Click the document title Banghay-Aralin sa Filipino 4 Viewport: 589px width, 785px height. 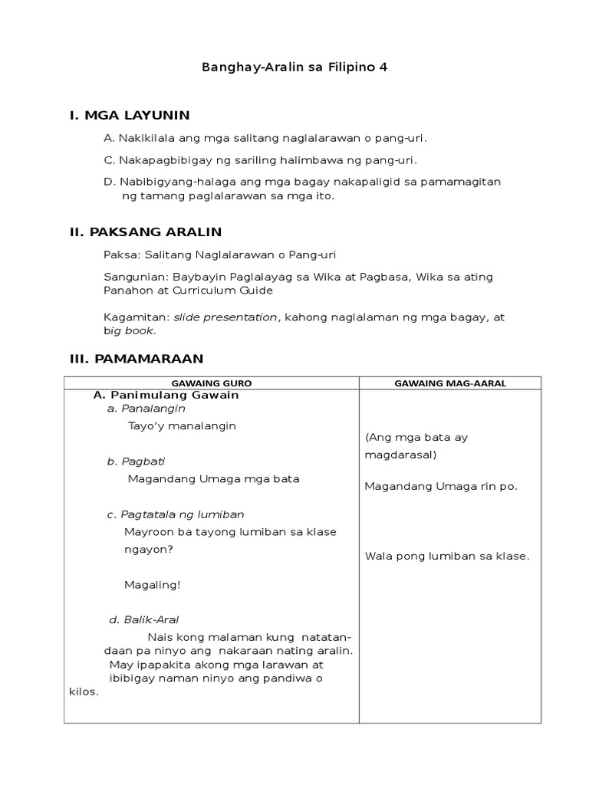click(x=294, y=67)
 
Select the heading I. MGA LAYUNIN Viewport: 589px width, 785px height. click(x=130, y=116)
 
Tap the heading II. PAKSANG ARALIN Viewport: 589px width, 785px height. click(x=146, y=231)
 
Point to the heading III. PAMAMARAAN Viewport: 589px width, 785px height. click(x=137, y=358)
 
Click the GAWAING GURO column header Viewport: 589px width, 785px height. click(x=212, y=383)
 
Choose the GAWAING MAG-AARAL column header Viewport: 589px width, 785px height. click(x=450, y=383)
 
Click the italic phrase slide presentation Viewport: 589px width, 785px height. click(x=225, y=317)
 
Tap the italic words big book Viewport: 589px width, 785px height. click(x=130, y=330)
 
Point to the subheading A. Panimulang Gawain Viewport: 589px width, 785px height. click(x=166, y=395)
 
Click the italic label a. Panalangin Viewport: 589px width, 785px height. click(x=146, y=409)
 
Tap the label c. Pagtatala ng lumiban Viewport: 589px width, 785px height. click(x=176, y=514)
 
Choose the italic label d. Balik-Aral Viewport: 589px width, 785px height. click(x=144, y=619)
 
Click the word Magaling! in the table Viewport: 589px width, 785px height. click(x=152, y=585)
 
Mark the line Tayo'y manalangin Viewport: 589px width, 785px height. click(x=182, y=425)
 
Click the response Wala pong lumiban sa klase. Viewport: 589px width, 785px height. click(x=447, y=556)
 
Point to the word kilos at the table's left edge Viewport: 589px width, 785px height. click(x=84, y=691)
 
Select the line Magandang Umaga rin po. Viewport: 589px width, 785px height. click(x=441, y=486)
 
